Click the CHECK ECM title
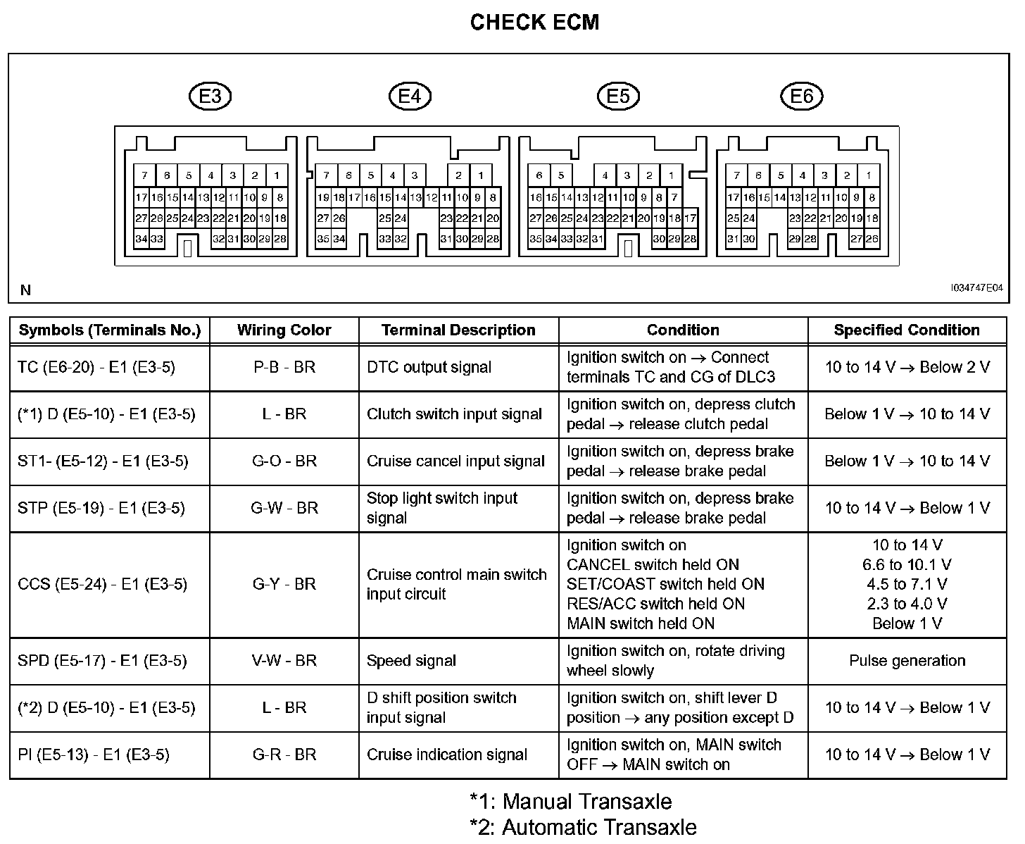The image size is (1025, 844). (x=534, y=23)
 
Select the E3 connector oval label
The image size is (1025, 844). (x=210, y=96)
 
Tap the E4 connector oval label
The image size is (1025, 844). (x=410, y=96)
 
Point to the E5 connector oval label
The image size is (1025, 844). (x=618, y=96)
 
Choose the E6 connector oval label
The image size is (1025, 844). (x=802, y=96)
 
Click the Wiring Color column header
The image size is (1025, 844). (x=284, y=330)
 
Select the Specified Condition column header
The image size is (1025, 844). (x=907, y=330)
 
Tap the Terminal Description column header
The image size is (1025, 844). (x=458, y=330)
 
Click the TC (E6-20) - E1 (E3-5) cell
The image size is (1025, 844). (x=96, y=367)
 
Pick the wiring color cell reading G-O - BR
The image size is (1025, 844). (x=284, y=461)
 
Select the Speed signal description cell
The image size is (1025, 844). (x=411, y=661)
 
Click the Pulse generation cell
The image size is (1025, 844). (x=907, y=661)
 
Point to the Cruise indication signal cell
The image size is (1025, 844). (x=447, y=755)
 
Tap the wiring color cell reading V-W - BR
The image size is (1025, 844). (x=284, y=661)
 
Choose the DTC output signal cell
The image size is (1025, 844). (x=429, y=367)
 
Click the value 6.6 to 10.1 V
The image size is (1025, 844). (x=907, y=565)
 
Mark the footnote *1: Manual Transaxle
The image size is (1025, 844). (x=571, y=802)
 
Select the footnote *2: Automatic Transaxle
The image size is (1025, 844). (x=583, y=827)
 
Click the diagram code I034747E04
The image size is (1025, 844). (x=976, y=288)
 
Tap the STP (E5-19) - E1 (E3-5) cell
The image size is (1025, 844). (x=101, y=509)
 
